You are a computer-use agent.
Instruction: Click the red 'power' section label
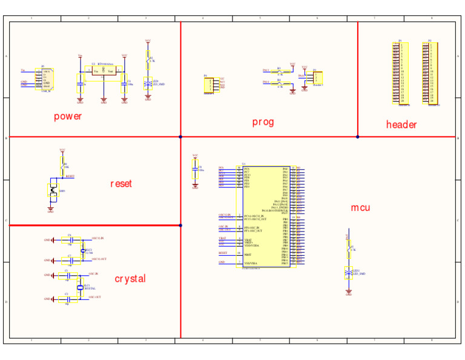pyautogui.click(x=67, y=116)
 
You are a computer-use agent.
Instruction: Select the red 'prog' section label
pyautogui.click(x=263, y=122)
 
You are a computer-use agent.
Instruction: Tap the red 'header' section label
pyautogui.click(x=401, y=124)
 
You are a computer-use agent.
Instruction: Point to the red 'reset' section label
pyautogui.click(x=120, y=183)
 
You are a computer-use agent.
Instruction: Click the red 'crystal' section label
pyautogui.click(x=130, y=278)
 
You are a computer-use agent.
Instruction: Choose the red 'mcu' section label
pyautogui.click(x=360, y=208)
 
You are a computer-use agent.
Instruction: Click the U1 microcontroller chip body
pyautogui.click(x=265, y=216)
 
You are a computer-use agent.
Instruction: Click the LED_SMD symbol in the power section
pyautogui.click(x=148, y=84)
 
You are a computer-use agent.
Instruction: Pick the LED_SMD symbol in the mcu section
pyautogui.click(x=348, y=273)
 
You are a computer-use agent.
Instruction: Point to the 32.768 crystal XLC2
pyautogui.click(x=83, y=250)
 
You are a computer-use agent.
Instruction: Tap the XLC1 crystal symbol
pyautogui.click(x=79, y=287)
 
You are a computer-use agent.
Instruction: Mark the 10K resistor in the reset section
pyautogui.click(x=62, y=165)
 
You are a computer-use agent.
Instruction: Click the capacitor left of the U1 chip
pyautogui.click(x=195, y=171)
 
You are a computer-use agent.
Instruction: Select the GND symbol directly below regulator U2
pyautogui.click(x=104, y=101)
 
